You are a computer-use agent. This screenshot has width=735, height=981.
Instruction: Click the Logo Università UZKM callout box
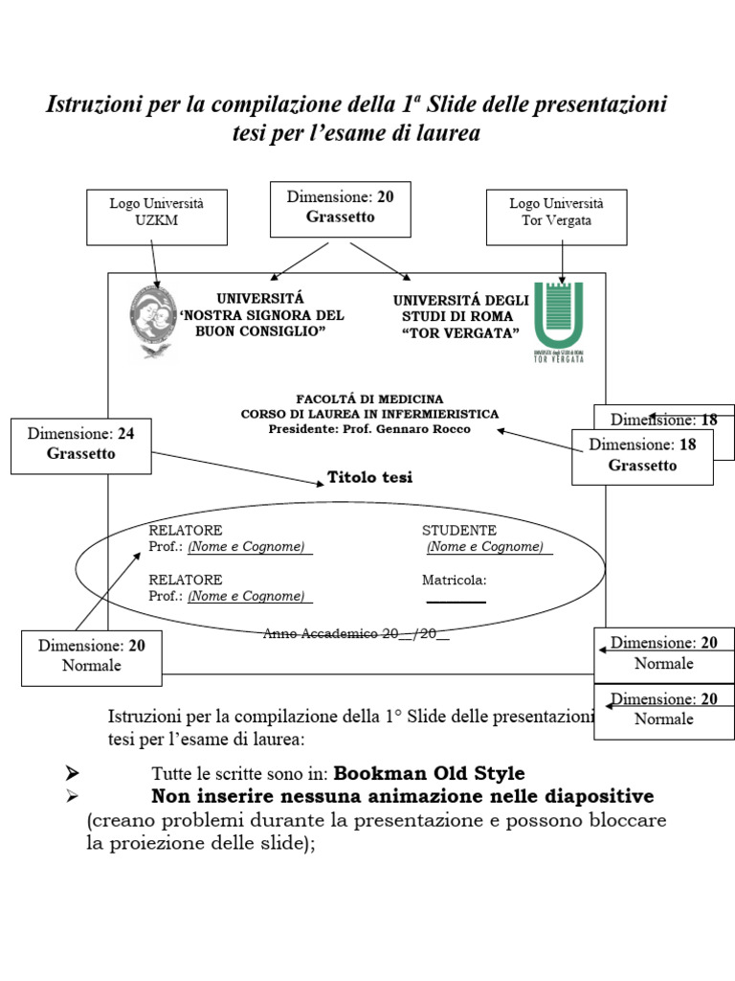157,216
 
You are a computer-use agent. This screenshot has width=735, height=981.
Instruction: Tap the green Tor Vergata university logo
558,317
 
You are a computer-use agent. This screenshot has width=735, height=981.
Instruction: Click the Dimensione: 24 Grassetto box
80,445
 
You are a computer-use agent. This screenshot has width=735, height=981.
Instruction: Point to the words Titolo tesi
369,477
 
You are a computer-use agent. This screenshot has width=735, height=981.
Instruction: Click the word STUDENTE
459,531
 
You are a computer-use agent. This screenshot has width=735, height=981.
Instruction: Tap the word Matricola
454,580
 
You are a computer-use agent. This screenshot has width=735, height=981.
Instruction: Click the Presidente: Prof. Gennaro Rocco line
369,429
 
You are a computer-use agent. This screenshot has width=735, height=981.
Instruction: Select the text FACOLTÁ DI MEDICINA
369,399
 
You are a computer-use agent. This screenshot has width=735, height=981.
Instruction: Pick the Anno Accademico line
356,633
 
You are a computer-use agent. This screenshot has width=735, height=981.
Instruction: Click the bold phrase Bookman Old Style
429,773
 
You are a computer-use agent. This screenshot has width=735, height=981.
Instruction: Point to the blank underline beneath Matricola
456,602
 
